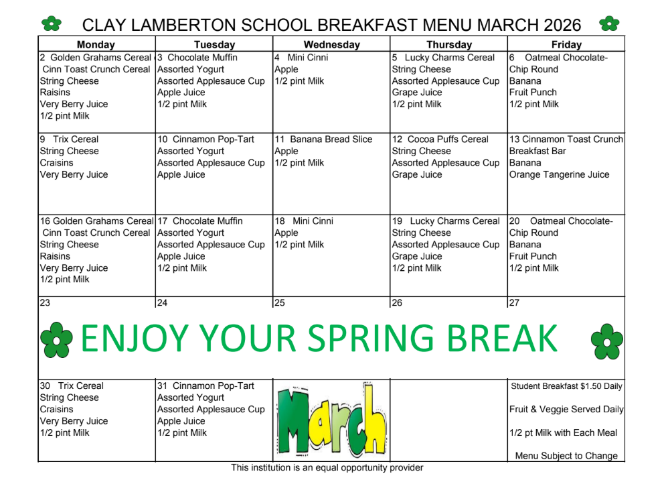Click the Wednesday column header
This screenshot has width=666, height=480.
332,45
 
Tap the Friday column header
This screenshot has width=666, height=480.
566,45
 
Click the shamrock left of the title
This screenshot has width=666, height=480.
52,23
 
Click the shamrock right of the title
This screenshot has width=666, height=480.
609,23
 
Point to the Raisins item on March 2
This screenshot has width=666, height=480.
55,93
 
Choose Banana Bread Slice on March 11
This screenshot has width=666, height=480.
331,139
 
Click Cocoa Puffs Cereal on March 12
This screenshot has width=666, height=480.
448,139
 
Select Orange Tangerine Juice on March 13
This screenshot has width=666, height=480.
559,174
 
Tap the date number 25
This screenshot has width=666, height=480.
280,302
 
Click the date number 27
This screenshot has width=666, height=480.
514,302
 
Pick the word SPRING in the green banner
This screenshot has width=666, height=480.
371,338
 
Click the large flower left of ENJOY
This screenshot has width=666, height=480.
56,340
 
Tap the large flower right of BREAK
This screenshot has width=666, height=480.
607,341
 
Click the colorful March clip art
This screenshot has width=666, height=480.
332,419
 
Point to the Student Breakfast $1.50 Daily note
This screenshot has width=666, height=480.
566,386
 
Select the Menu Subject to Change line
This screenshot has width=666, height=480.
566,456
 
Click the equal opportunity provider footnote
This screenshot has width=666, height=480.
327,468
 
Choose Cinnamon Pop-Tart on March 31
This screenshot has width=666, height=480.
214,385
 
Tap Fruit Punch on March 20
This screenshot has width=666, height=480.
533,256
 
